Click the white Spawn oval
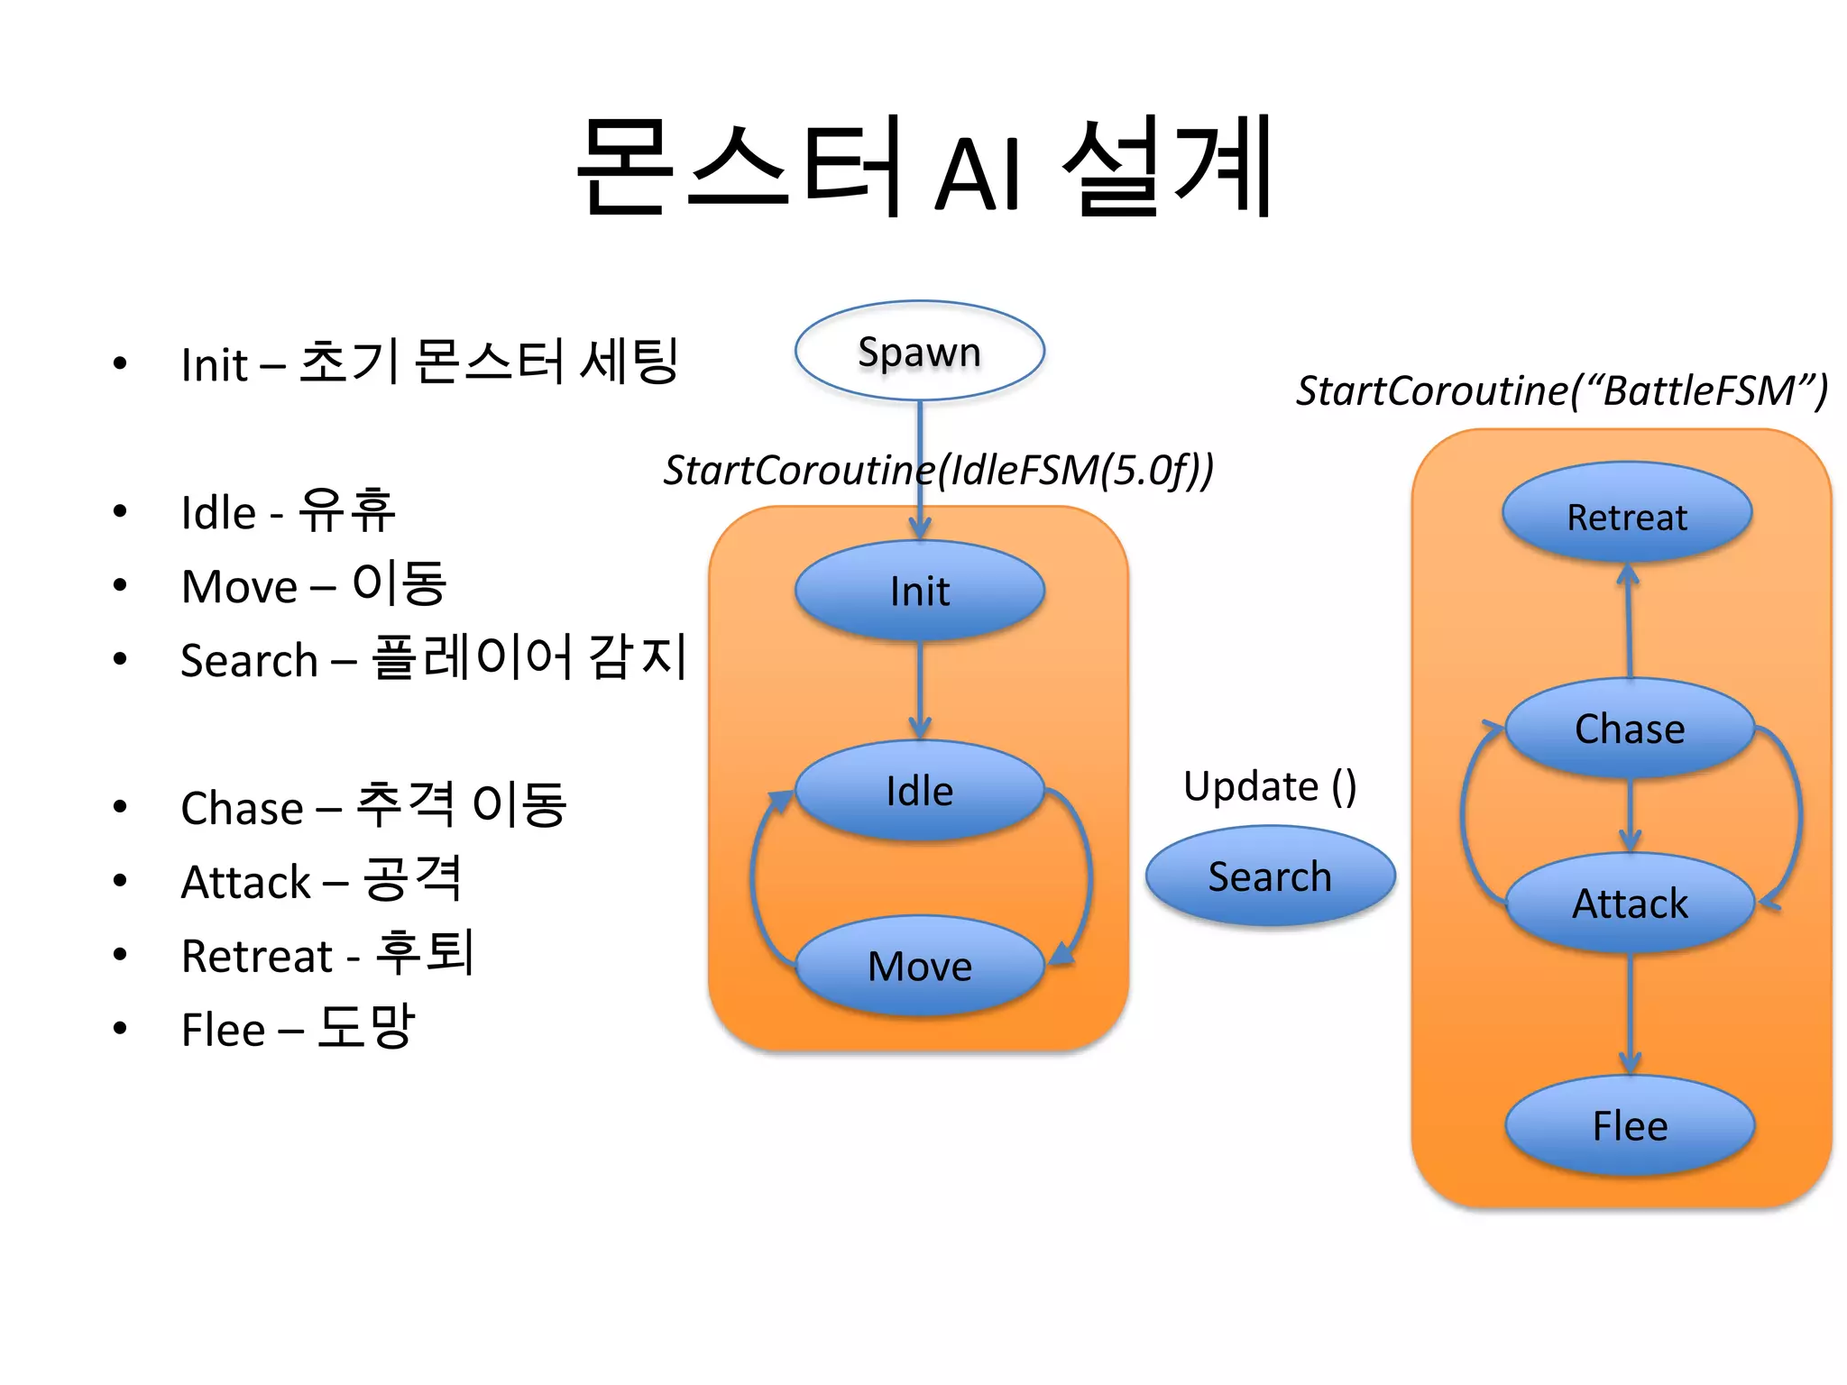919,352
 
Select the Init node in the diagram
919,592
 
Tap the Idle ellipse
919,791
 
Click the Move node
919,966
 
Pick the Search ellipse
1270,876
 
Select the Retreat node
1627,516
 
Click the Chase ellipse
1630,729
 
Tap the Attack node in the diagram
1630,903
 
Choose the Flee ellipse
1630,1126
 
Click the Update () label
1270,786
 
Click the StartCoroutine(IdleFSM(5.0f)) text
938,470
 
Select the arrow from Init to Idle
919,690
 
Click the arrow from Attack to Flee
1630,1014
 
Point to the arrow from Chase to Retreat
1629,622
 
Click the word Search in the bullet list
249,660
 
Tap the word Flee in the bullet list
223,1030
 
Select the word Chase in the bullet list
241,808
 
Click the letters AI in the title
978,174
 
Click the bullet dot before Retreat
120,955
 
